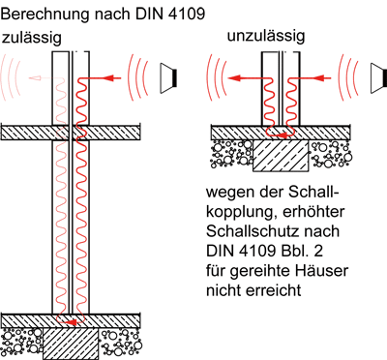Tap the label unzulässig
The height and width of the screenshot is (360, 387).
(x=265, y=38)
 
